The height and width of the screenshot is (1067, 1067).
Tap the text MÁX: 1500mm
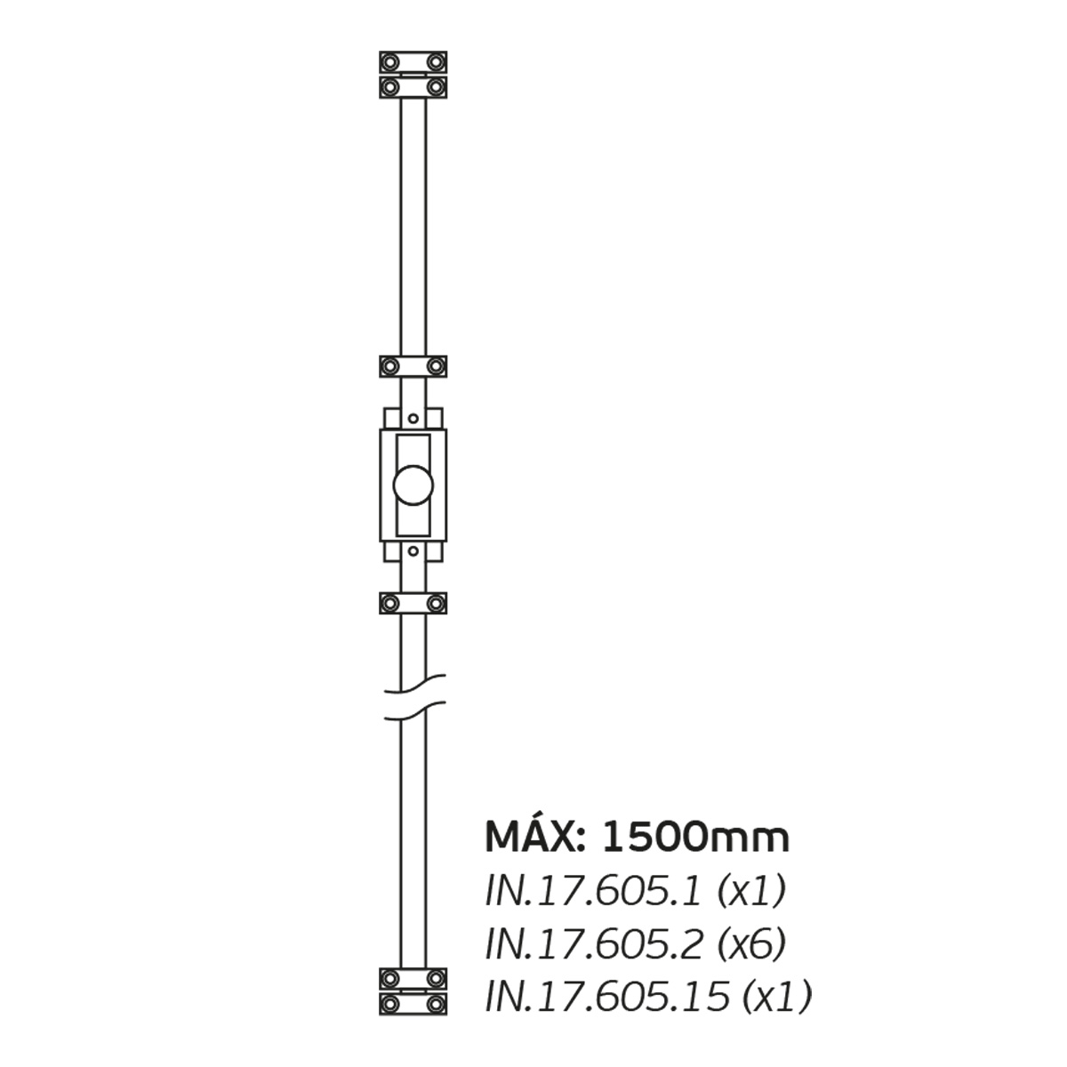(x=637, y=837)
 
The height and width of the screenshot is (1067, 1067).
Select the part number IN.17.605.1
(x=595, y=892)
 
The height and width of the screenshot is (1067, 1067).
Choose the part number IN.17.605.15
(x=608, y=997)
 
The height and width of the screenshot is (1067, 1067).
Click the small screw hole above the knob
(x=413, y=419)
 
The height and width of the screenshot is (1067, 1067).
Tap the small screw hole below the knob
(x=413, y=551)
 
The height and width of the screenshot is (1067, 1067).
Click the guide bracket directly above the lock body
(x=413, y=366)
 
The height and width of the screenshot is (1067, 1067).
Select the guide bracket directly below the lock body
(x=413, y=603)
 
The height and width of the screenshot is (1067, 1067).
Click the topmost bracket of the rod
(x=413, y=62)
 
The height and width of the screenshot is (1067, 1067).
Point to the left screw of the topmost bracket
(x=389, y=62)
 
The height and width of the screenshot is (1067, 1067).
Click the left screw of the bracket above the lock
(x=389, y=366)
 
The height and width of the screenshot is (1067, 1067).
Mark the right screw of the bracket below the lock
(x=436, y=603)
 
